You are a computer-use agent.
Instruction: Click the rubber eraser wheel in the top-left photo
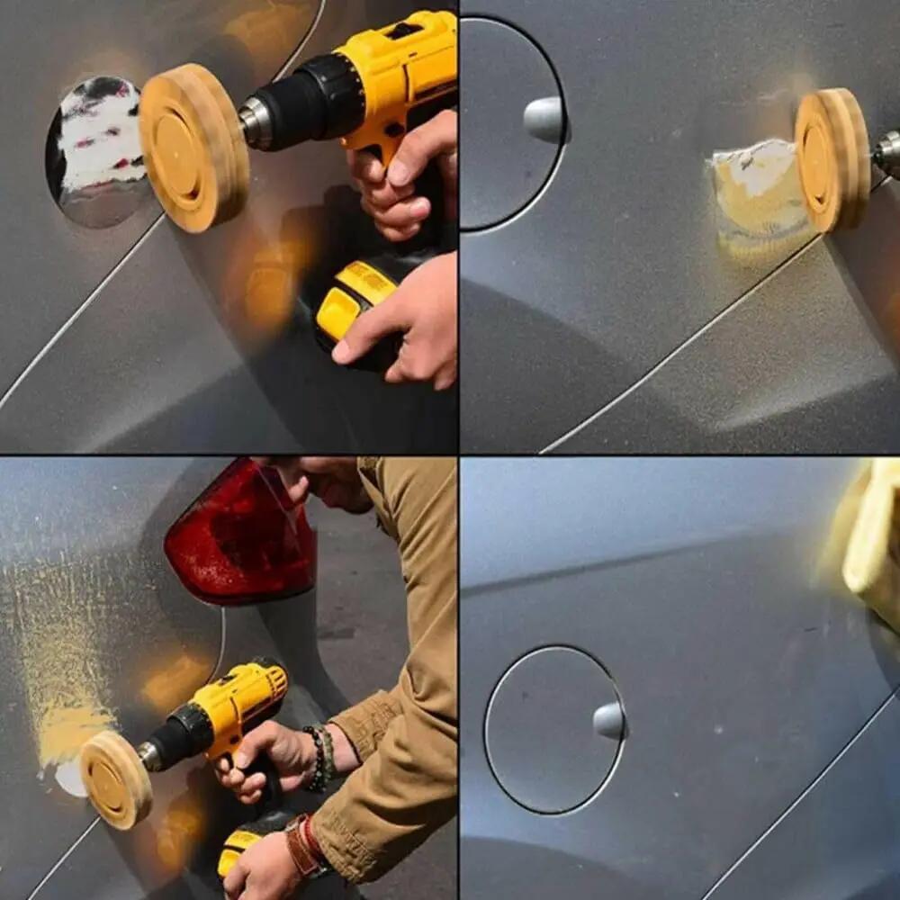[193, 148]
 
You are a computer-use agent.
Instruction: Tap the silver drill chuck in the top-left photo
[256, 122]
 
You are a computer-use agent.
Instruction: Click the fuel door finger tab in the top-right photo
[545, 119]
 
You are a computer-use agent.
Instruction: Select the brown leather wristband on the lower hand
[301, 846]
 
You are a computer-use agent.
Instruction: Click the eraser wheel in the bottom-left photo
[115, 779]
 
